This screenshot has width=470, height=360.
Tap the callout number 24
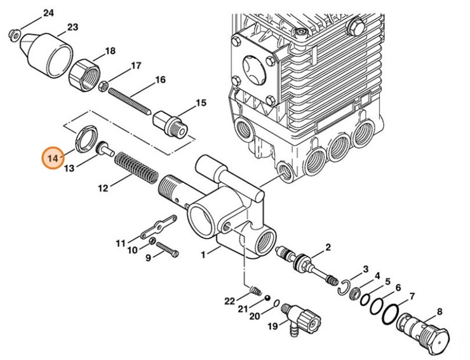(49, 13)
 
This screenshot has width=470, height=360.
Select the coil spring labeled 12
(136, 170)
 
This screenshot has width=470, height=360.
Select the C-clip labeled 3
(343, 288)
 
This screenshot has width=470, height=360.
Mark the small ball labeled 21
(269, 297)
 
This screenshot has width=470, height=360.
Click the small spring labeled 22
(255, 292)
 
